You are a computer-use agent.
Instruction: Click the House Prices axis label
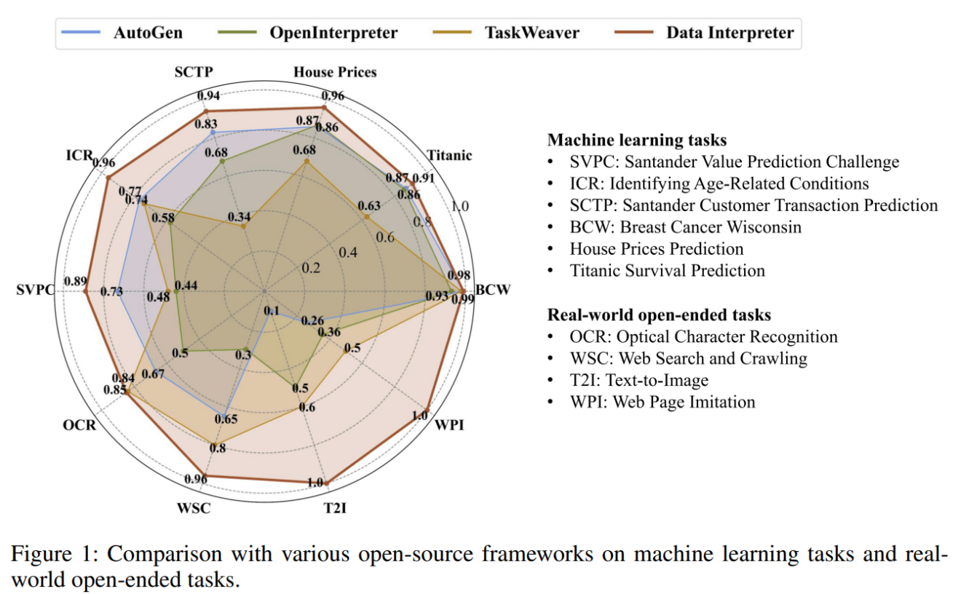tap(335, 72)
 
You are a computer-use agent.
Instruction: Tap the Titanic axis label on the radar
tap(449, 155)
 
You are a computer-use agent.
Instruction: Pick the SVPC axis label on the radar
tap(35, 290)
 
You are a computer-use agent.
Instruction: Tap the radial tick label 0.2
tap(311, 268)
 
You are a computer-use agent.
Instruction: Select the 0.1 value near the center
tap(272, 311)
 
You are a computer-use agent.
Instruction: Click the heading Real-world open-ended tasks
tap(659, 314)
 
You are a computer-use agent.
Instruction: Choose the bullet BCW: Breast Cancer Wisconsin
tap(685, 227)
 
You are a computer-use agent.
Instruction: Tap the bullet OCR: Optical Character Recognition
tap(703, 336)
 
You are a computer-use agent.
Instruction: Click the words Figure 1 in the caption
tap(54, 555)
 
